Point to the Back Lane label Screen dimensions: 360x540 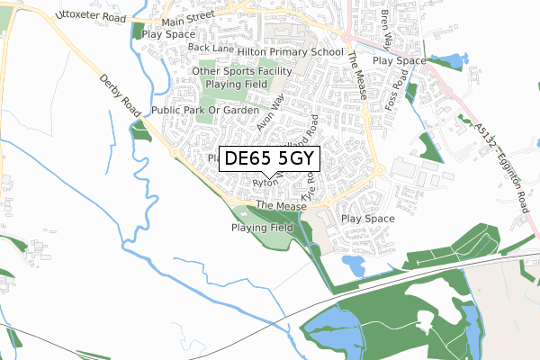[211, 48]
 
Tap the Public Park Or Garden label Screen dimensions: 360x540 [205, 110]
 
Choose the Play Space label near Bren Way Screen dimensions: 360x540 [399, 60]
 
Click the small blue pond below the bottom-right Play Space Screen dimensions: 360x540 [354, 264]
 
